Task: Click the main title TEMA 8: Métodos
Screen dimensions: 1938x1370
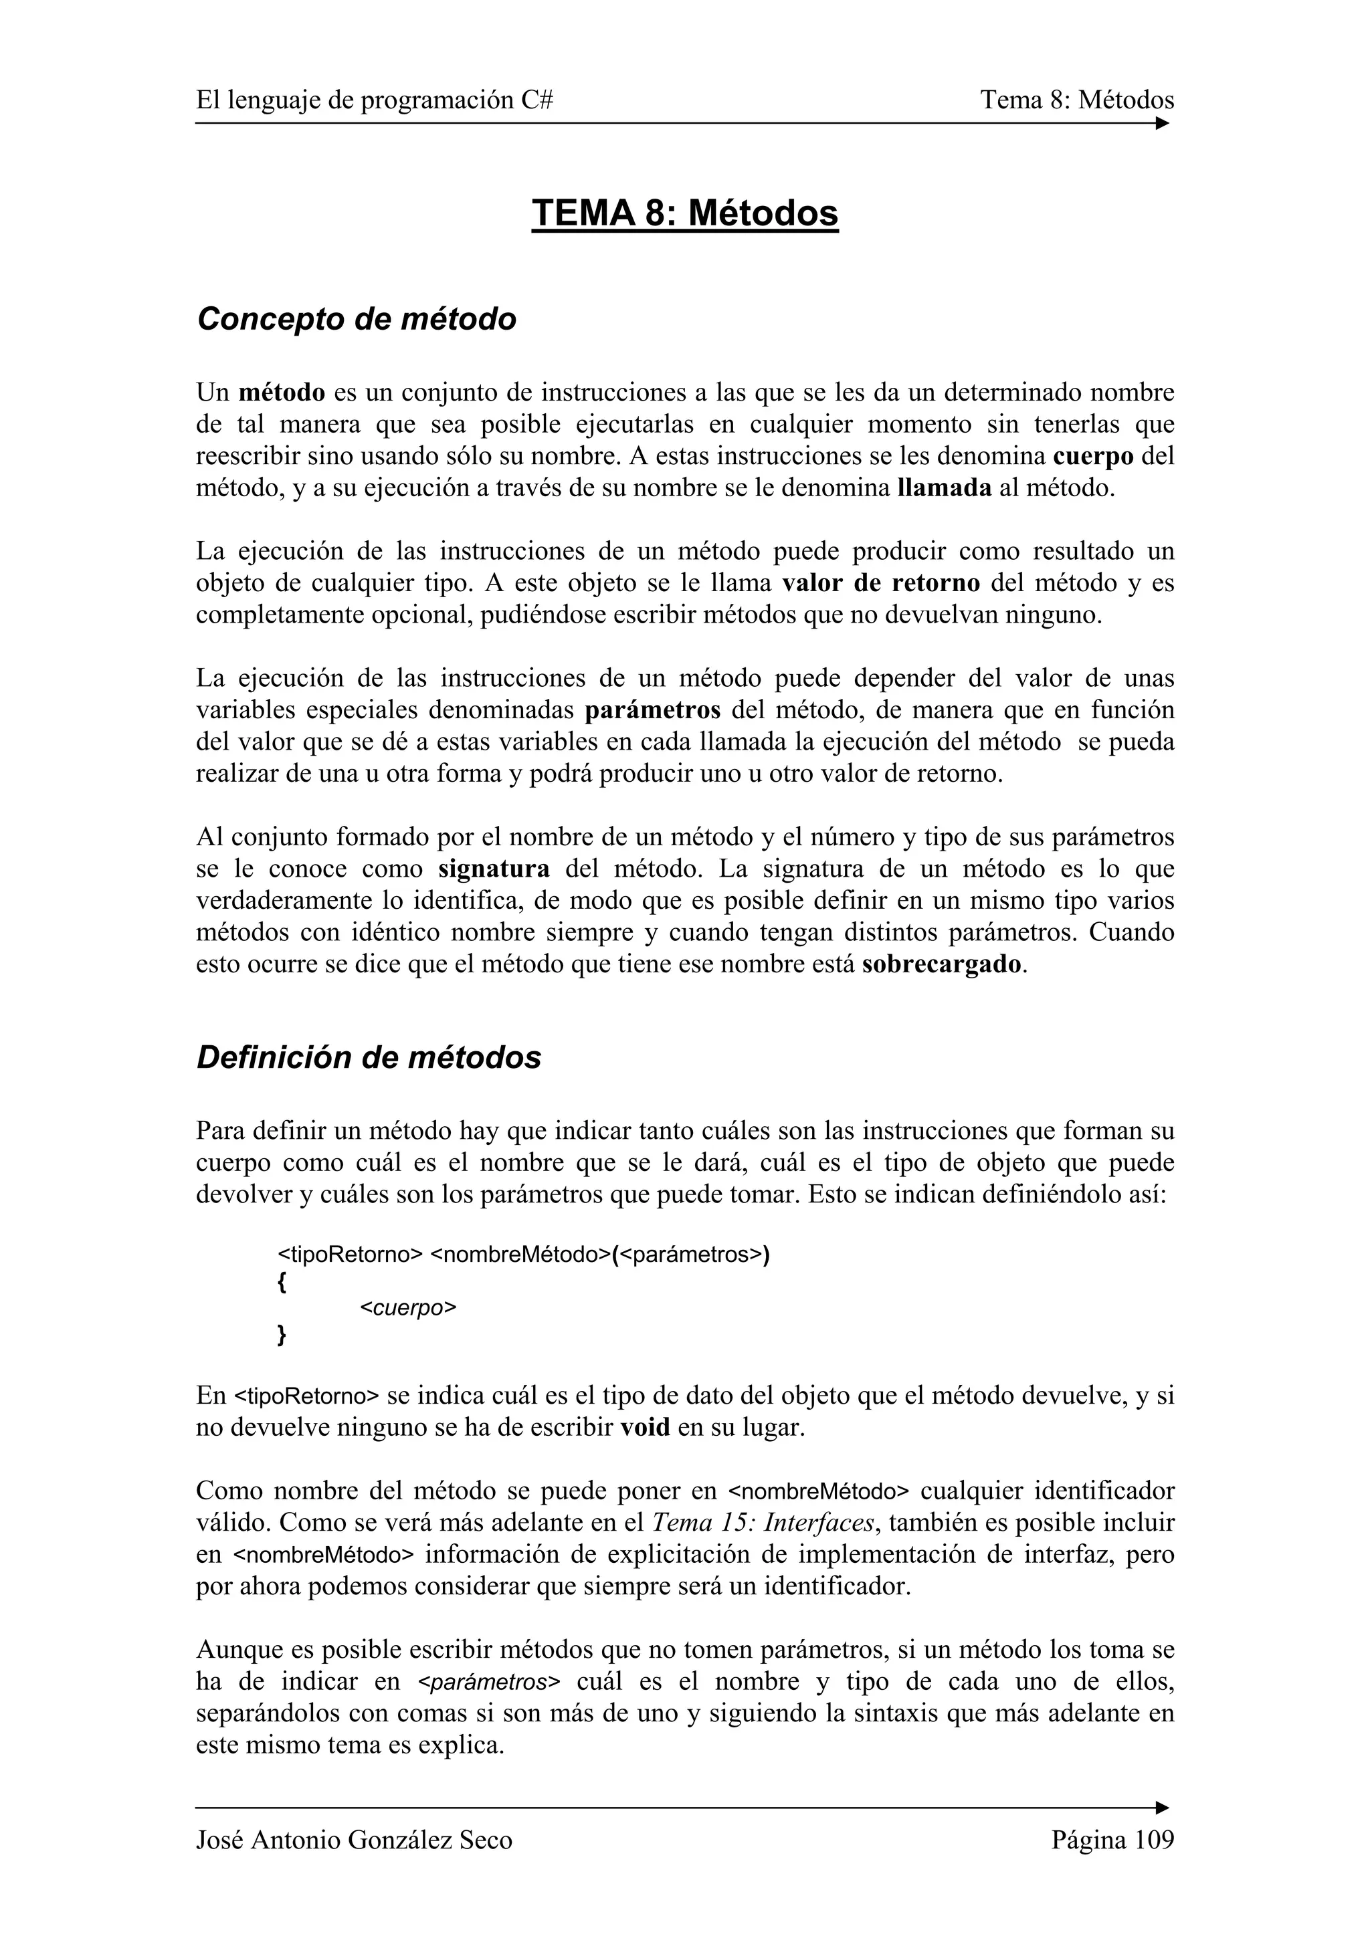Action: [684, 213]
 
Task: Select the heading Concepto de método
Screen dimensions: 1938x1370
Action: [357, 319]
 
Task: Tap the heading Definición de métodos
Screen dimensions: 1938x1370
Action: [369, 1058]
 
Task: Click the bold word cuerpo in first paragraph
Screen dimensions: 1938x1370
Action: [1093, 457]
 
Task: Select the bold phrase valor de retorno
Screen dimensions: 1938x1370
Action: [881, 583]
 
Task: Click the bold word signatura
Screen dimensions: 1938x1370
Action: [494, 869]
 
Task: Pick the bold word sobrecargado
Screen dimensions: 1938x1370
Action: [942, 964]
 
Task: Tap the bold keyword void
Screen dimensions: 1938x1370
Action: [645, 1428]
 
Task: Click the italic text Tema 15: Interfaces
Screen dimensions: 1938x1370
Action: [763, 1523]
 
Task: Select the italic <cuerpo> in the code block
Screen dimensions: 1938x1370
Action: [407, 1308]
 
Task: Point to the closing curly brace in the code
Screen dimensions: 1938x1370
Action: [281, 1336]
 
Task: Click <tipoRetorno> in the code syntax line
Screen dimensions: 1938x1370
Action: [349, 1255]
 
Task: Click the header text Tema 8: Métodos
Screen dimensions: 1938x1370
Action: [1076, 100]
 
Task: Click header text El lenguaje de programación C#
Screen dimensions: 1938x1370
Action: [375, 100]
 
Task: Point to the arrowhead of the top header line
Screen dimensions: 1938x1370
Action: [1163, 123]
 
